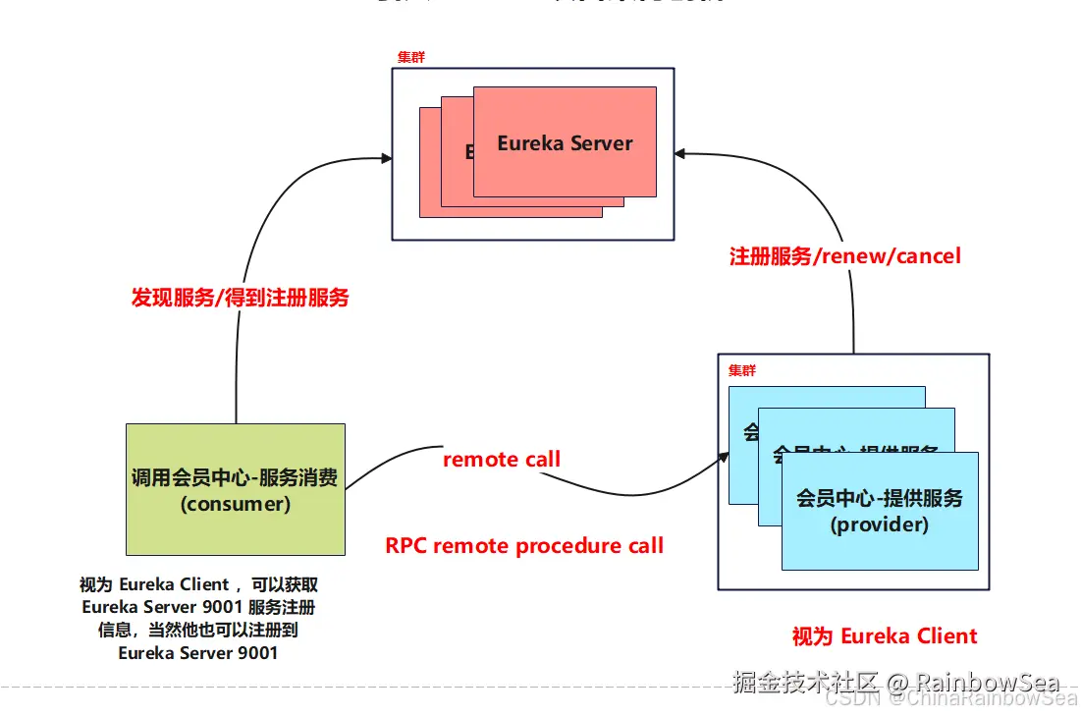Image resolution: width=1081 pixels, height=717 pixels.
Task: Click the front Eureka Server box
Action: point(565,142)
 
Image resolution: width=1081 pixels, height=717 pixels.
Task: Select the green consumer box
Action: point(236,489)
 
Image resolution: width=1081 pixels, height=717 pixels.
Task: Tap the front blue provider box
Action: point(880,511)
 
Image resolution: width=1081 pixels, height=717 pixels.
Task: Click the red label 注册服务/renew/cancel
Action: point(844,256)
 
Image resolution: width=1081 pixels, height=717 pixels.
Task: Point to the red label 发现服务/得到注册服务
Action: point(241,298)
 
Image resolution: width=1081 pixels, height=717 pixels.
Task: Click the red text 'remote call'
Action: point(502,459)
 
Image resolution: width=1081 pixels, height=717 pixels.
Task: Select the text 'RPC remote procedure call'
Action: point(524,545)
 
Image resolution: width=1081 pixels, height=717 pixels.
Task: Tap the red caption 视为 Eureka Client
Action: point(885,635)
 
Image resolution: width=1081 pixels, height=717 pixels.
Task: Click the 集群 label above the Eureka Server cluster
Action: point(410,57)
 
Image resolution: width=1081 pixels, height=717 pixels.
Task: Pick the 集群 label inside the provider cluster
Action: point(742,370)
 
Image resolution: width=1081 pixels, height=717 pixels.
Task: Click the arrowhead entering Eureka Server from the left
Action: point(386,157)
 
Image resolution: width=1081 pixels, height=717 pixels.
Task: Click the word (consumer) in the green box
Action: point(235,504)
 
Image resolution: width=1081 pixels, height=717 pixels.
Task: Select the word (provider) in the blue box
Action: point(880,524)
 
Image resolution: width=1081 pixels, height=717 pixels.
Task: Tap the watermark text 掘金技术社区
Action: point(805,682)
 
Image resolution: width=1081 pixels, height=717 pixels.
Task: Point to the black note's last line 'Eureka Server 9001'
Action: point(197,652)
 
